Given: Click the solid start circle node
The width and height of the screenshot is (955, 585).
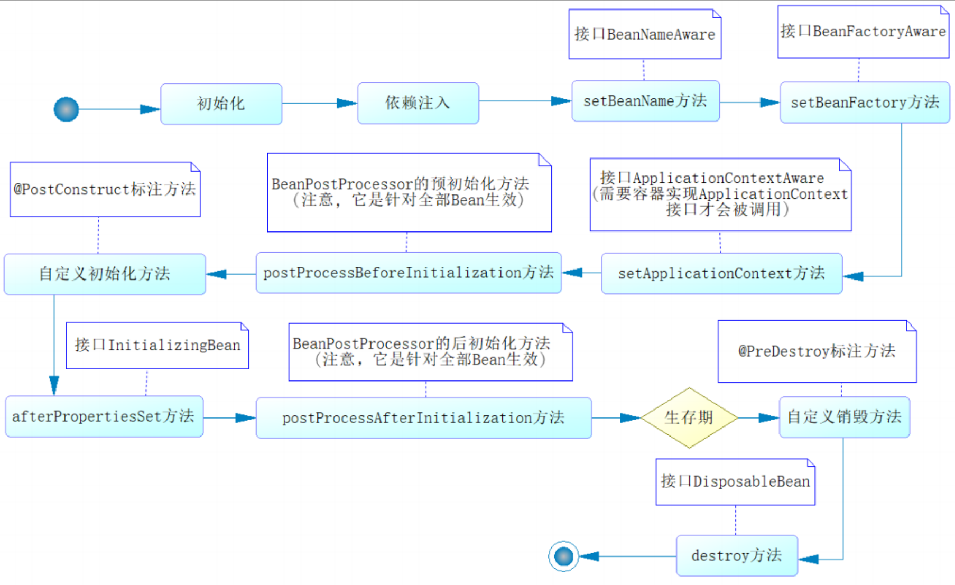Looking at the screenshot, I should click(x=66, y=109).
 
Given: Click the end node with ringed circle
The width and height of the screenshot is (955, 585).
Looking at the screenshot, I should click(x=563, y=556).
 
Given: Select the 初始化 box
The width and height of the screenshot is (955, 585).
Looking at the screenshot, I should click(x=221, y=104).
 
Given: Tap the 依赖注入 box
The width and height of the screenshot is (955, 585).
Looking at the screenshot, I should click(x=418, y=103).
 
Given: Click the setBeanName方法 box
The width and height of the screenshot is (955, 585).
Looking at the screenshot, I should click(x=645, y=101).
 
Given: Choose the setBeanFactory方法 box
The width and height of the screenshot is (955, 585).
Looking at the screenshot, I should click(x=864, y=103).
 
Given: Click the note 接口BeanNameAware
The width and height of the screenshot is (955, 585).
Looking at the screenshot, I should click(x=645, y=34).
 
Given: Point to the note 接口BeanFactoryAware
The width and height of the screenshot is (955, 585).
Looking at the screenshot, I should click(x=863, y=32).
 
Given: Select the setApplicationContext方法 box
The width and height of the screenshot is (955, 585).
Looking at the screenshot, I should click(x=721, y=273).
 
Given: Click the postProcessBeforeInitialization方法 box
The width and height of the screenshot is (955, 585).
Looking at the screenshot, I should click(x=409, y=273).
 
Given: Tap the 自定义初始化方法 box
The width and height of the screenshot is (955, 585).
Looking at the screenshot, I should click(x=105, y=274).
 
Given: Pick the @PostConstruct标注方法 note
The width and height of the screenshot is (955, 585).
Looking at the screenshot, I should click(x=105, y=189).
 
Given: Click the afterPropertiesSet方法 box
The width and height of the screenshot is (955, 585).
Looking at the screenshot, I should click(x=104, y=416).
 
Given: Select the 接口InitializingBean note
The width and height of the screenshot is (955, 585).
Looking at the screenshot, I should click(x=157, y=346).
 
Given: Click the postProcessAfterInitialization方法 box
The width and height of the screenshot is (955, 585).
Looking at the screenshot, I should click(x=423, y=418).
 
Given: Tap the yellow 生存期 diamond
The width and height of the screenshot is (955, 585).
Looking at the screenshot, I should click(x=689, y=417).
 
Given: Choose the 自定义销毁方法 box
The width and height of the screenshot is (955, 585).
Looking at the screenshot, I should click(x=844, y=417).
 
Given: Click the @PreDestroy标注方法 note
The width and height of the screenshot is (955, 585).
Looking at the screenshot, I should click(x=817, y=351).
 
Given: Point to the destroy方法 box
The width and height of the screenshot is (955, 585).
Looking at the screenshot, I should click(x=736, y=555).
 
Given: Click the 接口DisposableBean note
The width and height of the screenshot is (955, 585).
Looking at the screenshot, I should click(x=735, y=481).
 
